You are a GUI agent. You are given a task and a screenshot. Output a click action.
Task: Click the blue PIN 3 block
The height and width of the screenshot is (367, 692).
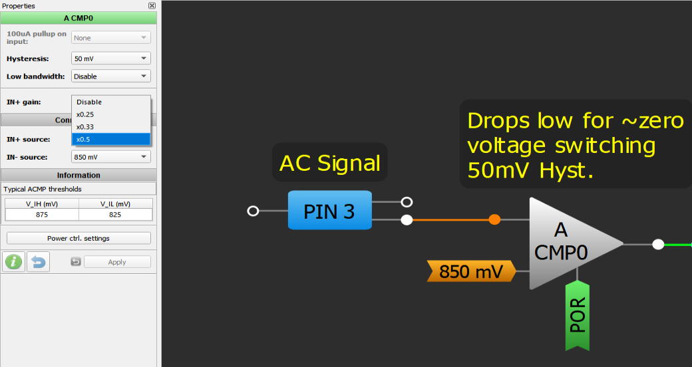[329, 210]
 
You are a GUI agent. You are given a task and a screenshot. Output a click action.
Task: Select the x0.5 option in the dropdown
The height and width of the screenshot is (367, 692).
[110, 139]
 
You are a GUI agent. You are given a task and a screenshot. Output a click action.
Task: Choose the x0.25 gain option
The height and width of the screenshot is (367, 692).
[110, 114]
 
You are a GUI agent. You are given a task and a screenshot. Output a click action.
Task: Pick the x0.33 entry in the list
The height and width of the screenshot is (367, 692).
[110, 126]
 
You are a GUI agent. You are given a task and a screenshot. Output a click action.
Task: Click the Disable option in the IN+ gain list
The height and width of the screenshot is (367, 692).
[110, 102]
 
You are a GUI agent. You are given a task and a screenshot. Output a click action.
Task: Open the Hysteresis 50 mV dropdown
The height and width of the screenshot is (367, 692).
[110, 59]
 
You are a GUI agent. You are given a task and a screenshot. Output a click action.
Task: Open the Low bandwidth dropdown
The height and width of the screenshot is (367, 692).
[110, 76]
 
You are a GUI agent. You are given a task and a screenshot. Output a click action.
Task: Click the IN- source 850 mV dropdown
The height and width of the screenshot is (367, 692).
[110, 157]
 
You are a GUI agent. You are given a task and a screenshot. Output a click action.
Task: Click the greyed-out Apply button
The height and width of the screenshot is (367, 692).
[117, 262]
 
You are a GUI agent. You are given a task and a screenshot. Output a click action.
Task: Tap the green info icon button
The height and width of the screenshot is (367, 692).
[13, 262]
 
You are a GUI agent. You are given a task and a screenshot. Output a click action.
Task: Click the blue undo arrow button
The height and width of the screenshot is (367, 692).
[38, 262]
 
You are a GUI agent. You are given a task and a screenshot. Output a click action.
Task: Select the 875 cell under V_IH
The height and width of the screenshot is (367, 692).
[42, 214]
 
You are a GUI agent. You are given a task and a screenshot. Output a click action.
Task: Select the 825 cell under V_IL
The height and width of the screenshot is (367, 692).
[115, 214]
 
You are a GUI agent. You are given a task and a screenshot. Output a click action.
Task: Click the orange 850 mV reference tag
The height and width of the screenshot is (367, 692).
[470, 271]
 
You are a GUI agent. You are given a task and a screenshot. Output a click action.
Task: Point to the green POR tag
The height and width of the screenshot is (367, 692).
[577, 315]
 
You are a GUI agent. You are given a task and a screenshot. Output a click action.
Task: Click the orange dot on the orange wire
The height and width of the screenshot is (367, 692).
[494, 219]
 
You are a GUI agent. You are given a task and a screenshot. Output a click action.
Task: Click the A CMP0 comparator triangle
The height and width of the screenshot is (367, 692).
[566, 243]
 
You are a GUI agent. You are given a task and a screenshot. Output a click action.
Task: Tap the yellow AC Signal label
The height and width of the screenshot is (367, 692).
[329, 163]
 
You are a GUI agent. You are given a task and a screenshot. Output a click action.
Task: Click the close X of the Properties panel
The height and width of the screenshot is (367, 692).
[152, 5]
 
